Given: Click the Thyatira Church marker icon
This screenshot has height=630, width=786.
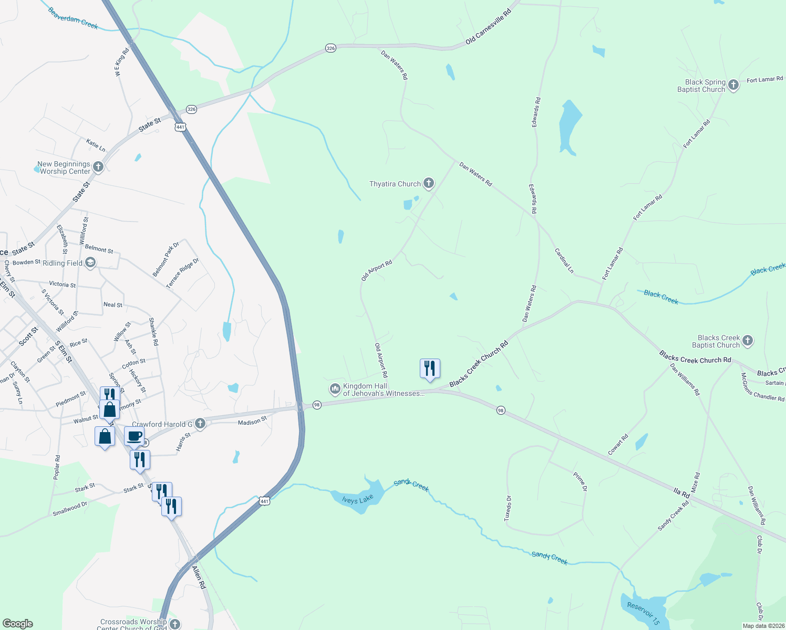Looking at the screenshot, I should (429, 183).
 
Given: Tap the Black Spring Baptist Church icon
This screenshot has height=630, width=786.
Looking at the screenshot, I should (733, 85).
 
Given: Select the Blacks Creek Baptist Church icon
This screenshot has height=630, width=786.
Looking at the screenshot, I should (747, 341).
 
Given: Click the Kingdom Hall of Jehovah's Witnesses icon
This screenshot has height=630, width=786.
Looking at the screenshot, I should (335, 389).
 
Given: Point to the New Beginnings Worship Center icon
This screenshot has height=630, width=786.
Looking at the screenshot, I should (98, 167).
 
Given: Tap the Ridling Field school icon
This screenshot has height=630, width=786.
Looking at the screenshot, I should (90, 262).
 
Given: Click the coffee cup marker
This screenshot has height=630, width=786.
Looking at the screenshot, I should (135, 436).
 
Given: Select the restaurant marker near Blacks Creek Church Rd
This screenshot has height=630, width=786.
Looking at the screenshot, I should (430, 369).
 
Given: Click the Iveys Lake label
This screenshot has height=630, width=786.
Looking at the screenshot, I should (358, 499).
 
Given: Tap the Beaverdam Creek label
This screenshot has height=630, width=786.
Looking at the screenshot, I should (73, 18).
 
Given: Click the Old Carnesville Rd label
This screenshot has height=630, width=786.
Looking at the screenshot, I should (488, 27).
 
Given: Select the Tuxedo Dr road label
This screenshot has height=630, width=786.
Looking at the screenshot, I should (508, 508).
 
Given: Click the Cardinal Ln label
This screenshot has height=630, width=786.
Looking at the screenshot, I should (564, 260).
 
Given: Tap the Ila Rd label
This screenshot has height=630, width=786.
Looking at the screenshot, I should (681, 493).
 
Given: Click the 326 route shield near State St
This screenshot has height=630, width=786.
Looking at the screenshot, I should (191, 110).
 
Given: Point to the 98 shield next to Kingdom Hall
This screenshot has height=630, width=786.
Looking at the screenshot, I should (317, 405).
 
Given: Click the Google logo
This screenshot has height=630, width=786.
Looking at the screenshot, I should (18, 624).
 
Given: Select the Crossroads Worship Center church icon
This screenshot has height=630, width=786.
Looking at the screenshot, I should (175, 624).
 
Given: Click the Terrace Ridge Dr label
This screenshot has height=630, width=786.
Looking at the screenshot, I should (182, 273).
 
